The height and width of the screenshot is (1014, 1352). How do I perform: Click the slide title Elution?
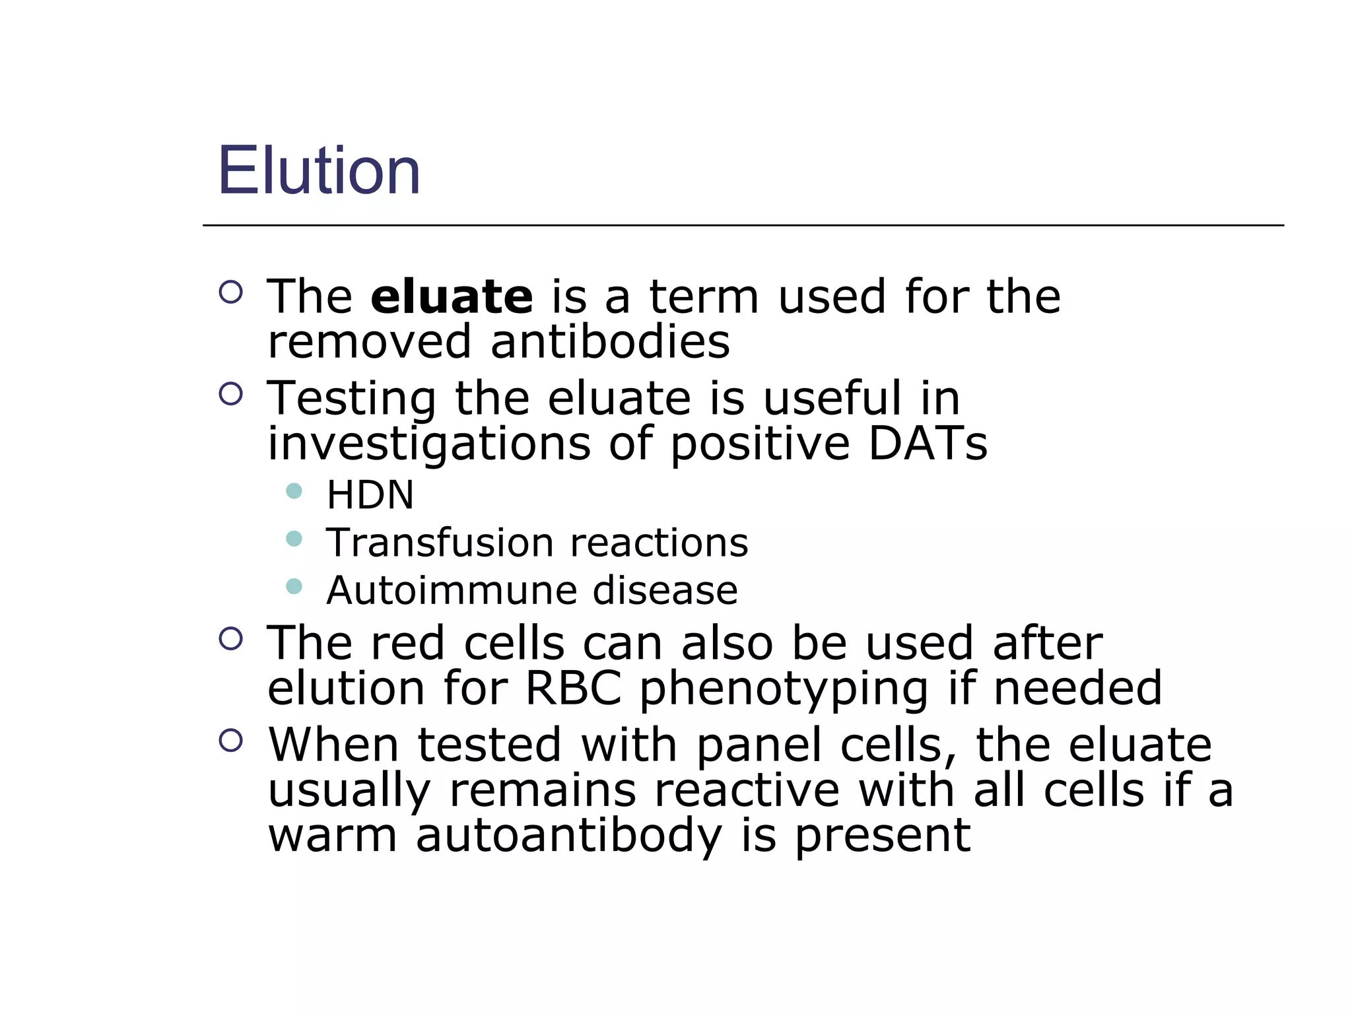coord(319,171)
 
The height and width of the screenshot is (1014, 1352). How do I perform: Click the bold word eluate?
coord(452,297)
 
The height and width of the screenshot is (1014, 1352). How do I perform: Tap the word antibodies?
coord(610,342)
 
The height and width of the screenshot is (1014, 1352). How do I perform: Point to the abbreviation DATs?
coord(928,444)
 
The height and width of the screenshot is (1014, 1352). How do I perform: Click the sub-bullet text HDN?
coord(370,495)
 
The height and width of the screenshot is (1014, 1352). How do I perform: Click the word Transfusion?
coord(440,543)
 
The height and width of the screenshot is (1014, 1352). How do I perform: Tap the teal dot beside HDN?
coord(294,491)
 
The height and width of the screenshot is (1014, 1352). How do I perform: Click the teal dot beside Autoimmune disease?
coord(294,586)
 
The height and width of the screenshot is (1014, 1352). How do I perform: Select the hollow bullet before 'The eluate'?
coord(230,292)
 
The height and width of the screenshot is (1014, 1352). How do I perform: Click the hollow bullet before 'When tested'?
coord(230,740)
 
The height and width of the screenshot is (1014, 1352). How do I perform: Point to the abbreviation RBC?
coord(574,689)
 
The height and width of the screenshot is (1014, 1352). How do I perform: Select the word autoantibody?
coord(569,836)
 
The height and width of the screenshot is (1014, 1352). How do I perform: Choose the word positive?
coord(760,444)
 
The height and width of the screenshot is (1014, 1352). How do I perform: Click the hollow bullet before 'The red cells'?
coord(230,638)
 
